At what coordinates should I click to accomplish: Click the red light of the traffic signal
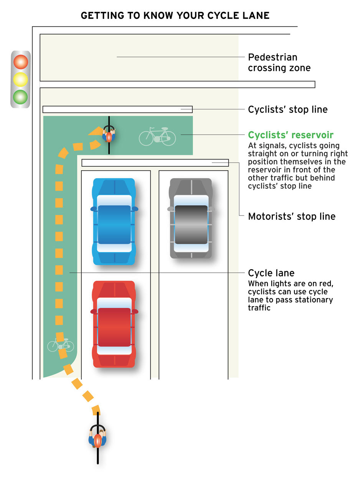pos(21,62)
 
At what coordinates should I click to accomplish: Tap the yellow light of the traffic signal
pos(20,80)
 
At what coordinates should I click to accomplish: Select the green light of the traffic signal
pos(20,97)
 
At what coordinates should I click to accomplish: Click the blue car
pos(114,222)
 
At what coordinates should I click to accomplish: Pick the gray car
pos(191,218)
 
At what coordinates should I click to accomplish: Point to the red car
pos(114,324)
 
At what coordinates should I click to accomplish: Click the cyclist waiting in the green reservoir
pos(109,135)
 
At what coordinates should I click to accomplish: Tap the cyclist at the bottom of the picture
pos(98,438)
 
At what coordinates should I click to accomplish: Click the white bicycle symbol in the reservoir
pos(157,136)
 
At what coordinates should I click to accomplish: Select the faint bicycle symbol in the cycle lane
pos(61,345)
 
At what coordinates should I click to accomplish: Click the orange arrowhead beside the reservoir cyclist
pos(96,131)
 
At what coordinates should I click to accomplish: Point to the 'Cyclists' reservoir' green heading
pos(291,135)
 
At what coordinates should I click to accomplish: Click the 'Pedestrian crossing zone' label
pos(279,62)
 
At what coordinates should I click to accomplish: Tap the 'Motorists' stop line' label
pos(292,216)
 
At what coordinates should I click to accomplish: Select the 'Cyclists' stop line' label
pos(288,109)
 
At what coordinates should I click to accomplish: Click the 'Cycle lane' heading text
pos(271,273)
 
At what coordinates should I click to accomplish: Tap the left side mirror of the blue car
pos(93,209)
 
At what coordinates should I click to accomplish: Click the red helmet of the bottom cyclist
pos(98,440)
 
